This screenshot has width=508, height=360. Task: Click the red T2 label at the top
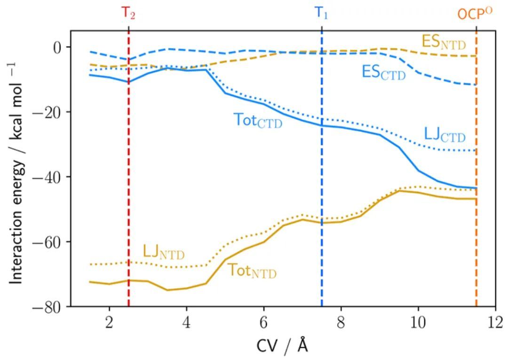tap(128, 13)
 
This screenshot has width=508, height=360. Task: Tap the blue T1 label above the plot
tap(322, 13)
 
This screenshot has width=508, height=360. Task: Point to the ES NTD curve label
tap(444, 42)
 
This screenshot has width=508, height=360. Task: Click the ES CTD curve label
tap(383, 72)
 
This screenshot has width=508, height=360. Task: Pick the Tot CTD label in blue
tap(258, 120)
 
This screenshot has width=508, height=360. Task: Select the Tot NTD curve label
tap(252, 271)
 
